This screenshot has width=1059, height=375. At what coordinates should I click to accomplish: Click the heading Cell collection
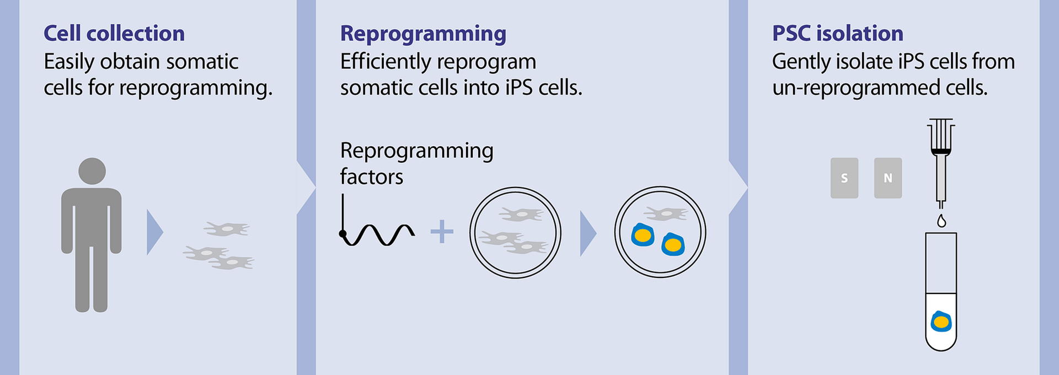[x=114, y=34]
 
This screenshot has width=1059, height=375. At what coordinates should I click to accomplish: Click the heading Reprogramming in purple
[x=423, y=34]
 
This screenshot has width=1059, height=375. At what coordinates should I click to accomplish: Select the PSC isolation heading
[x=837, y=34]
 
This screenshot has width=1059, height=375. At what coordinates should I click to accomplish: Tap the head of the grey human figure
[x=92, y=171]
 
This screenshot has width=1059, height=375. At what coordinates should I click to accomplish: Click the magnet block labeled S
[x=844, y=178]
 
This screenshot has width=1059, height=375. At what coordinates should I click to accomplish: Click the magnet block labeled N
[x=887, y=178]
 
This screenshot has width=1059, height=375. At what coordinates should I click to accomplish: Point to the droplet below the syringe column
[x=942, y=221]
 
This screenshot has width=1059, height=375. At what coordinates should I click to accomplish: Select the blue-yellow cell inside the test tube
[x=941, y=322]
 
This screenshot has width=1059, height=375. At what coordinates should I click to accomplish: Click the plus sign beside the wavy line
[x=442, y=232]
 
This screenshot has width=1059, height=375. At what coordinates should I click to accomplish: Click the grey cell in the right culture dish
[x=666, y=213]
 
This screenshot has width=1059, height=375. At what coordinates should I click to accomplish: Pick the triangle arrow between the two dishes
[x=587, y=233]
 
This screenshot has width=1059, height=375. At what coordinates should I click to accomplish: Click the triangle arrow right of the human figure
[x=154, y=232]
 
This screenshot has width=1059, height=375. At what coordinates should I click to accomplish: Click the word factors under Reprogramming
[x=371, y=177]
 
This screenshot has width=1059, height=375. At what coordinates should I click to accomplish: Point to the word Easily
[x=69, y=62]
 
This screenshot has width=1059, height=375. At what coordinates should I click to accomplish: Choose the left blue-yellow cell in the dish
[x=643, y=235]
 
